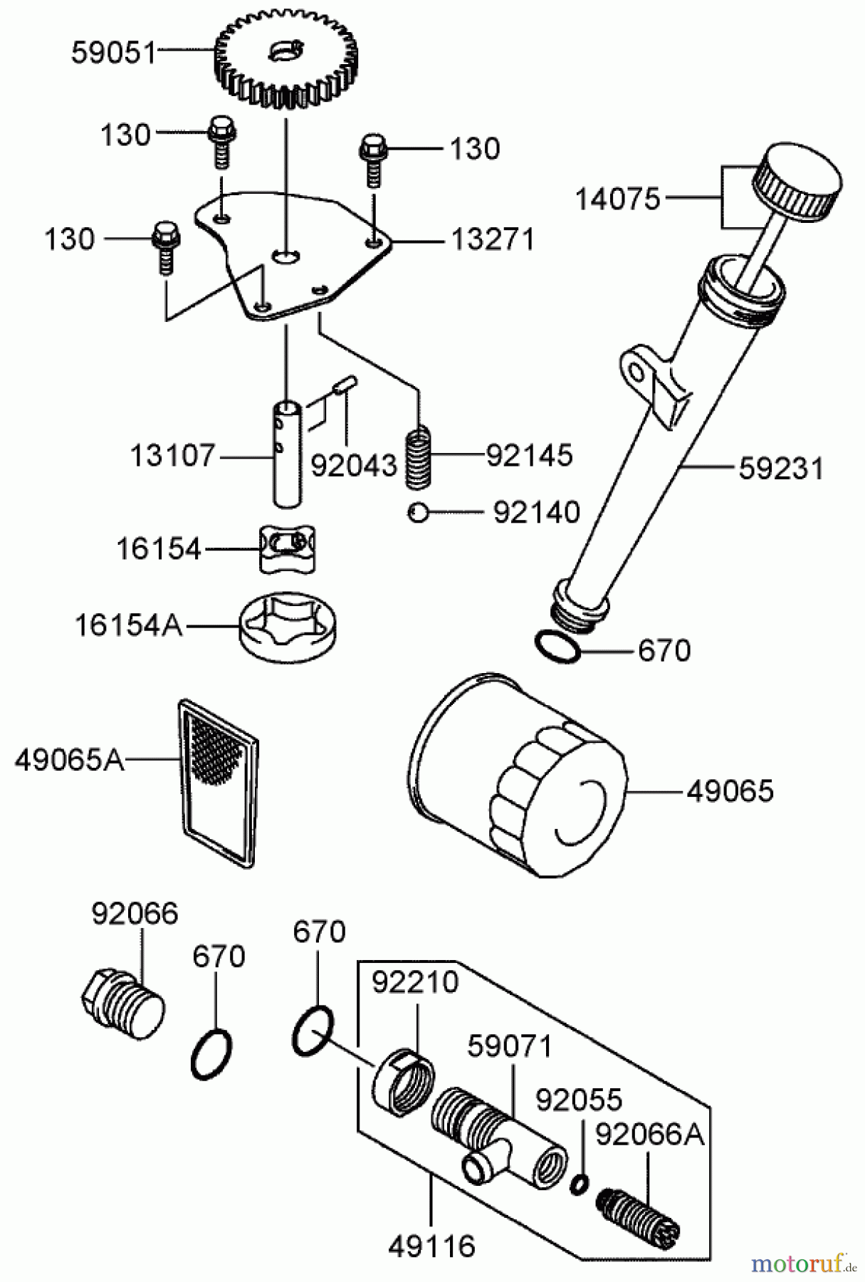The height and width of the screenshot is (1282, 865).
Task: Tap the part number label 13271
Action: pos(493,240)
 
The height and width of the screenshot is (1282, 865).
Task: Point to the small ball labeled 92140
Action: pos(417,512)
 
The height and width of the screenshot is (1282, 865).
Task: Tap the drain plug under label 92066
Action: pos(122,1002)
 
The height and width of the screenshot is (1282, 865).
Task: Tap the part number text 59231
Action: pos(781,469)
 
